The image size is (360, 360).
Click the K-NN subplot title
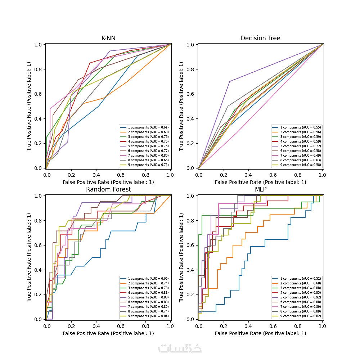point(108,38)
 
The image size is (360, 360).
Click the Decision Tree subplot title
point(260,38)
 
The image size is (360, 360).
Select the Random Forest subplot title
point(108,189)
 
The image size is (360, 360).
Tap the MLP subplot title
point(260,189)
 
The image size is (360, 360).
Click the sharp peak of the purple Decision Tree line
point(229,81)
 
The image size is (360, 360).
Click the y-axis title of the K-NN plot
point(30,106)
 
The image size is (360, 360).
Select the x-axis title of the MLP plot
point(260,333)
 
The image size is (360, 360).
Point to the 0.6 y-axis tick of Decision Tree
point(191,94)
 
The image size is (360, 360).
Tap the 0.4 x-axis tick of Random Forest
point(96,326)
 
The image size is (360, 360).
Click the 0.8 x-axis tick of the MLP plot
point(297,326)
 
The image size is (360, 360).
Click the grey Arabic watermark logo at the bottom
point(180,348)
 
